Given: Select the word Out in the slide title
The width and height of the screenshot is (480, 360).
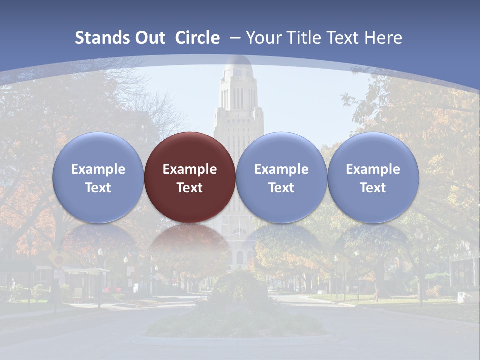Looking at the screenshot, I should pos(149,38).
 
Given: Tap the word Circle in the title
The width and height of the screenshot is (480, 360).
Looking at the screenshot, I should pos(197,38).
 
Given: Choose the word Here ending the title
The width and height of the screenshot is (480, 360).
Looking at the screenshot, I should pos(383,38).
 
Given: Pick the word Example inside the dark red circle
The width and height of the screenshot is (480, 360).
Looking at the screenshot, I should pos(190,169).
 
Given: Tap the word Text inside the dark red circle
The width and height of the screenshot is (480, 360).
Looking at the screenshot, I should pos(190,188).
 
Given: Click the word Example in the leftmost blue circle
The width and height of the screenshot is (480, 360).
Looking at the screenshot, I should pos(98,169).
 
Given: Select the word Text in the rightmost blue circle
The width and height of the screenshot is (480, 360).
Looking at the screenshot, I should pos(373,188).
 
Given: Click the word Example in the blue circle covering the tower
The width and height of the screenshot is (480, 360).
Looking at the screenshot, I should pos(281,169).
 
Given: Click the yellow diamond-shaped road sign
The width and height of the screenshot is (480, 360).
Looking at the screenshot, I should pos(58,258).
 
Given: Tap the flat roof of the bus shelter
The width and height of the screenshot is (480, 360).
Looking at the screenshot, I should pos(85,270).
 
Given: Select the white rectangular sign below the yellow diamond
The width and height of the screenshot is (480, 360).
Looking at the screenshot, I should pos(58,274).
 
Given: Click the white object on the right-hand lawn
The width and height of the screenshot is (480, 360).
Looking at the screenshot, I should pos(462,297).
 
